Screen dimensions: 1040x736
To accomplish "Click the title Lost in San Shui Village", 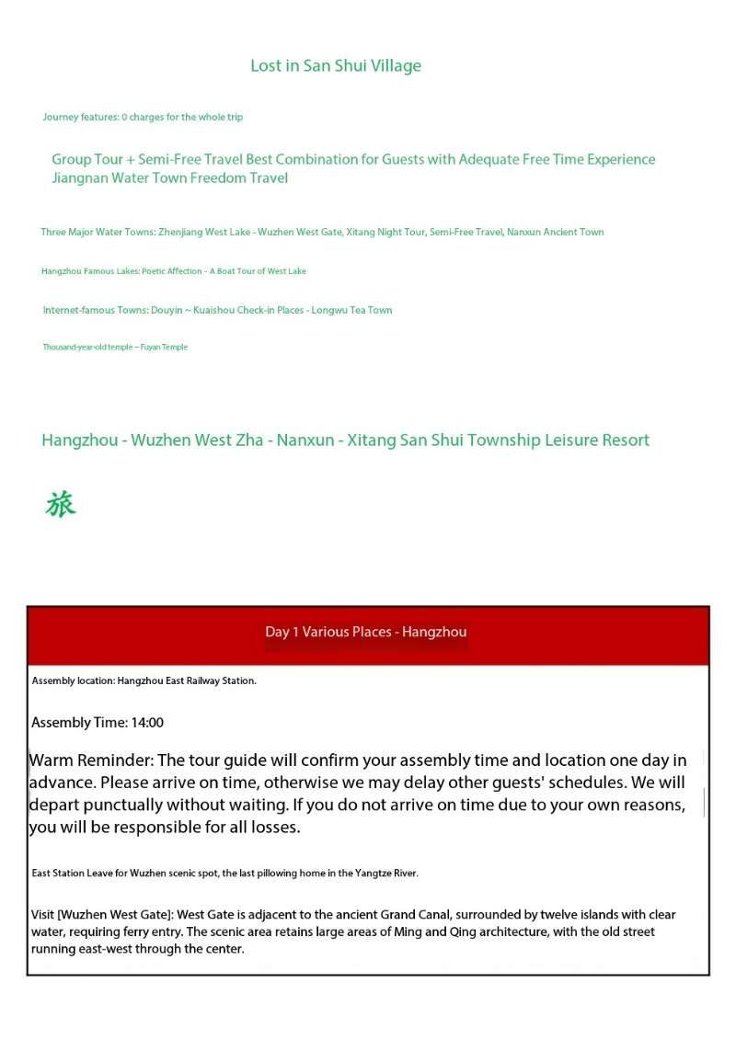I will tap(336, 66).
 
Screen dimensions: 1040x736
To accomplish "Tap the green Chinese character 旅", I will tap(61, 505).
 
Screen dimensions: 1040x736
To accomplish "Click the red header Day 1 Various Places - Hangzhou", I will tap(366, 632).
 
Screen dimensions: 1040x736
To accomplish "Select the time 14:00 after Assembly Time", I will tap(147, 723).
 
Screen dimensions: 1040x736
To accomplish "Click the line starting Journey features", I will tap(143, 118).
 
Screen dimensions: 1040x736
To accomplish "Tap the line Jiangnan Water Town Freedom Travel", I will tap(170, 178).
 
